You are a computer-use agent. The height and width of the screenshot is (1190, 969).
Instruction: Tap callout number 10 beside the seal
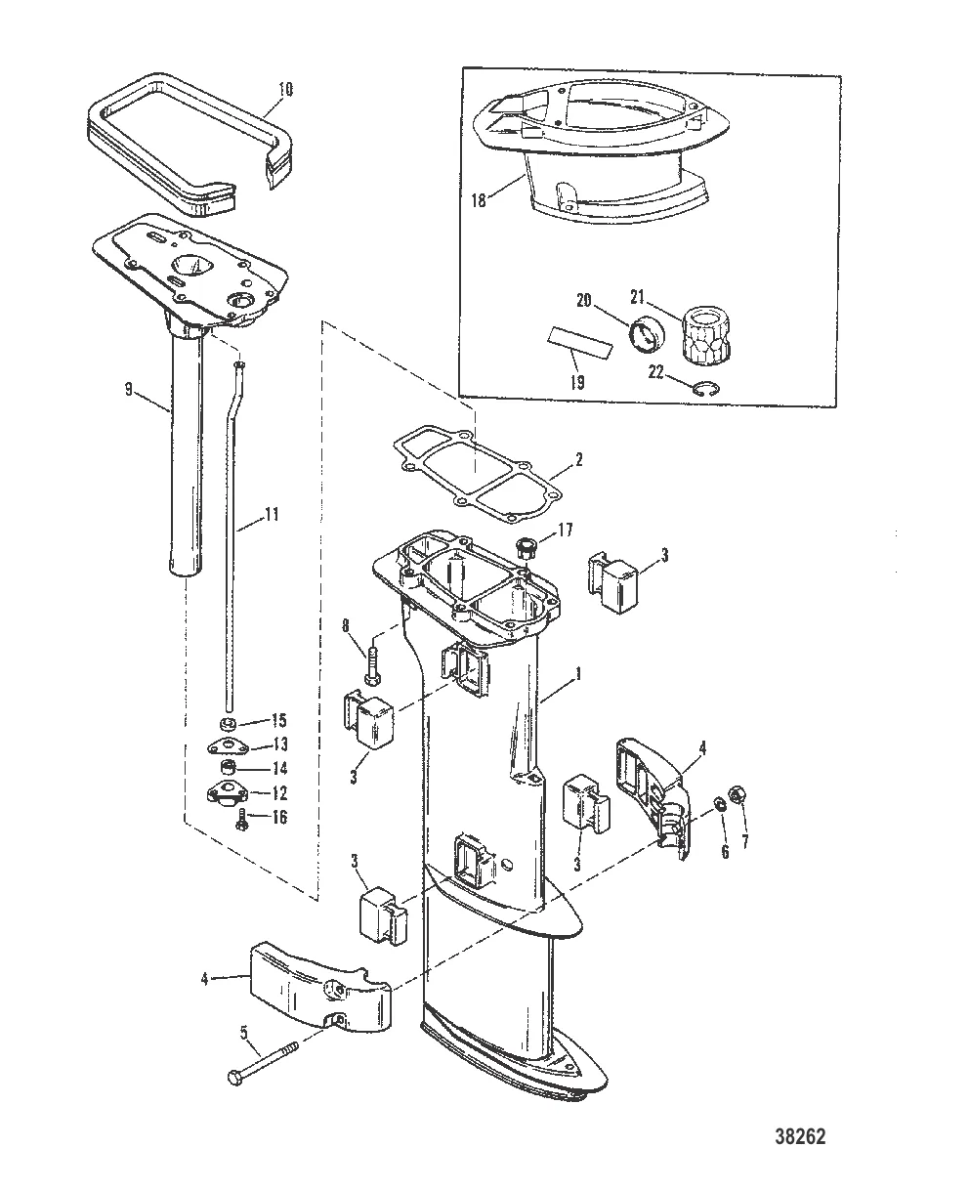pyautogui.click(x=284, y=89)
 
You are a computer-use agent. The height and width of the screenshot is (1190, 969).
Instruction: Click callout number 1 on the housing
pyautogui.click(x=579, y=673)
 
